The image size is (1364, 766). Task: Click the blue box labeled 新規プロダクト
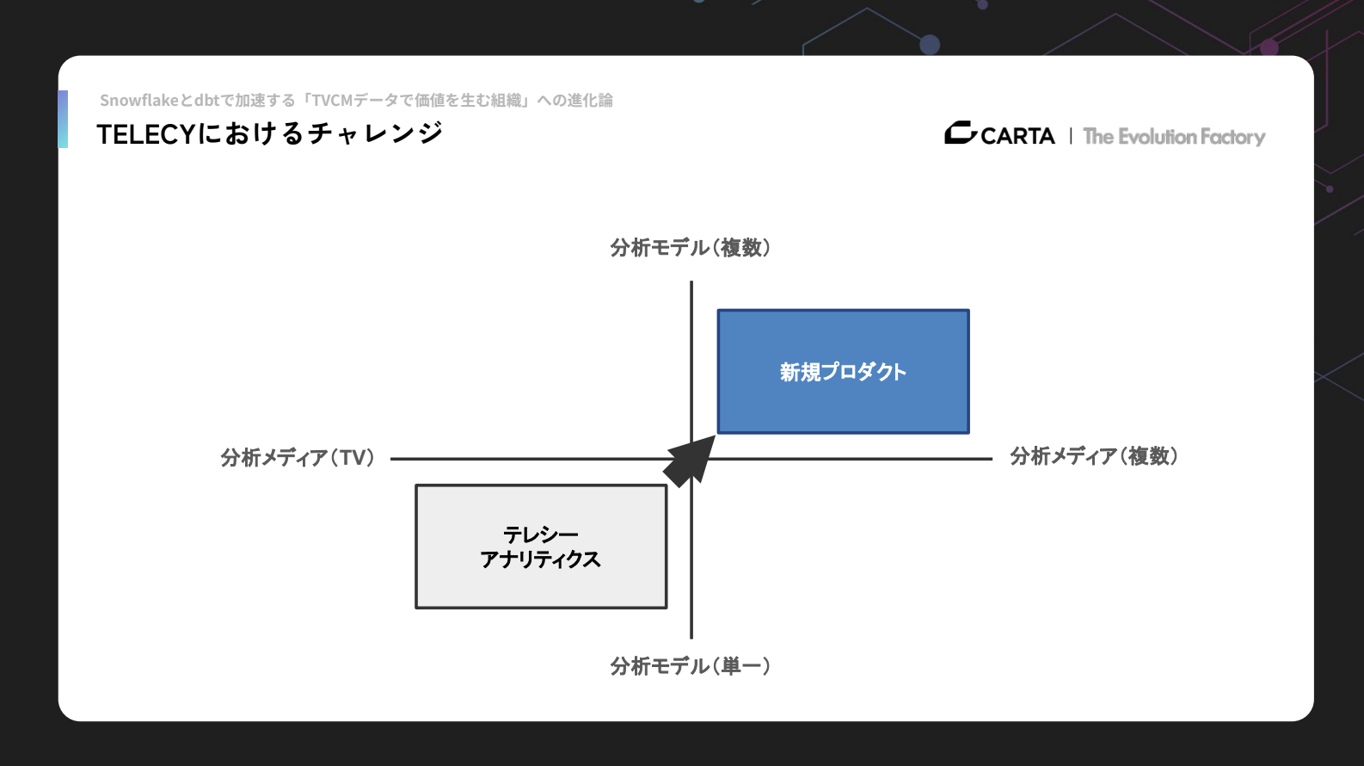tap(843, 371)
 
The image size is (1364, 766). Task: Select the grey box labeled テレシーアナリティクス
tap(541, 547)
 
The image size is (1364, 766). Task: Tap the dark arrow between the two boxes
tap(689, 460)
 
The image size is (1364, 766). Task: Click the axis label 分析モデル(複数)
tap(690, 248)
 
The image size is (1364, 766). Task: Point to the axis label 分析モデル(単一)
tap(690, 666)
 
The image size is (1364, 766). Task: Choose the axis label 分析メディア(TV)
tap(298, 458)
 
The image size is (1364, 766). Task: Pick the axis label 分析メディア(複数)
tap(1093, 456)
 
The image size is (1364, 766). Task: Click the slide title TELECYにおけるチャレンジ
tap(269, 134)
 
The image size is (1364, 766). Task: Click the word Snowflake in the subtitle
tap(138, 101)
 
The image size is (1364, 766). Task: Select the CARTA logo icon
tap(960, 133)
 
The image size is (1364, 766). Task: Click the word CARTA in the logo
tap(1017, 136)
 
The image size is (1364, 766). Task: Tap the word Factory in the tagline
tap(1232, 137)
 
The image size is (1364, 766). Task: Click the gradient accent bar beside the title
tap(63, 119)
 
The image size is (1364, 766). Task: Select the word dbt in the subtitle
tap(206, 101)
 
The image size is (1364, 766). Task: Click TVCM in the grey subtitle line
tap(333, 101)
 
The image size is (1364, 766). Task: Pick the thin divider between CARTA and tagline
tap(1071, 136)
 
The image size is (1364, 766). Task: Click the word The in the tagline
tap(1098, 137)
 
